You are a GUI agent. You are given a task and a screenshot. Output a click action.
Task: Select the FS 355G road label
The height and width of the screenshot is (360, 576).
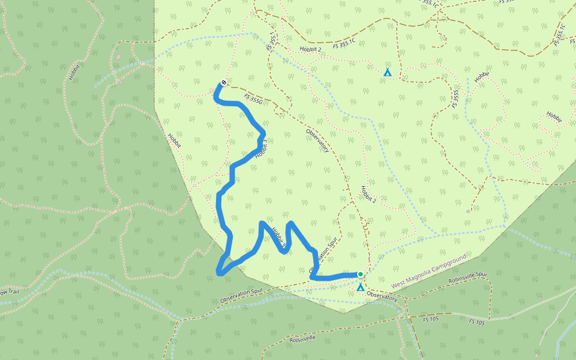[x=254, y=100]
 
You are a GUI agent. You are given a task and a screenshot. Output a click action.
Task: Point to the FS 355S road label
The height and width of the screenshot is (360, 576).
[x=457, y=98]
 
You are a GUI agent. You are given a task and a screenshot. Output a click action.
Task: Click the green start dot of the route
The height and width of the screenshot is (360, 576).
[x=360, y=274]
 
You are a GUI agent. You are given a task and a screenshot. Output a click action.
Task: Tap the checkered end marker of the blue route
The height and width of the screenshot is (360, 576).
[x=224, y=82]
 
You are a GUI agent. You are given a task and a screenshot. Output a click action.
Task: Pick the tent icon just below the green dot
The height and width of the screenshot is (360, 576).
[x=360, y=288]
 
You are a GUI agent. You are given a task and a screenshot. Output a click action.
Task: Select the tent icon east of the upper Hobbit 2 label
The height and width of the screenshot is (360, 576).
[x=388, y=73]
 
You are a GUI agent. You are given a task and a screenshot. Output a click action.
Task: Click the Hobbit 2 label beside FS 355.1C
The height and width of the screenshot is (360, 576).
[x=311, y=49]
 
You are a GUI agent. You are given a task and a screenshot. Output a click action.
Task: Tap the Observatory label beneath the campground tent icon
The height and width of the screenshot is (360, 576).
[x=382, y=297]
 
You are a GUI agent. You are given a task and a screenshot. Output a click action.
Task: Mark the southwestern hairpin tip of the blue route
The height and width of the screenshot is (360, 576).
[x=218, y=273]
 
